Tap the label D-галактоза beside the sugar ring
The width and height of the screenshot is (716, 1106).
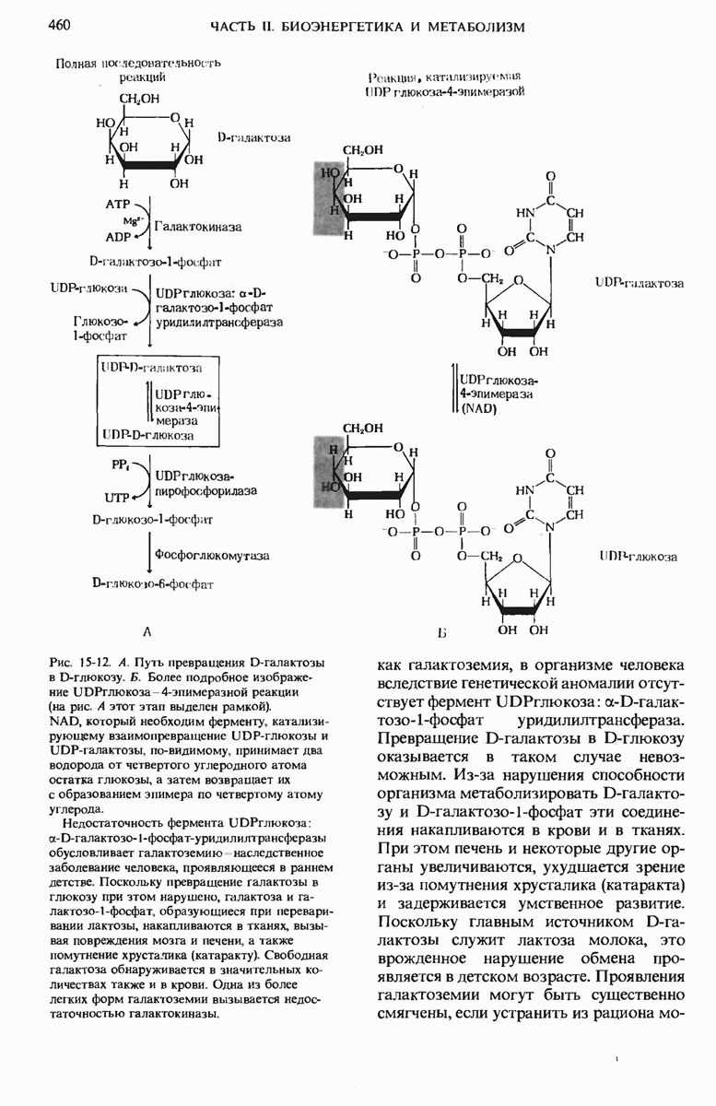coord(253,137)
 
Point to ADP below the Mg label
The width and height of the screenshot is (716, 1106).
coord(118,237)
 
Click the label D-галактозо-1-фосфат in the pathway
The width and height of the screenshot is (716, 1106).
coord(155,261)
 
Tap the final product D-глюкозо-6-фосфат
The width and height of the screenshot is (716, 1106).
coord(153,583)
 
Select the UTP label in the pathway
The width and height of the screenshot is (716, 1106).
coord(118,498)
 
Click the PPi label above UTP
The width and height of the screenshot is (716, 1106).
coord(117,466)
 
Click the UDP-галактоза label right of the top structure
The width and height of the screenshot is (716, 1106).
coord(640,284)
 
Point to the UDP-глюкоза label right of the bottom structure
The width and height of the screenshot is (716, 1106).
coord(638,557)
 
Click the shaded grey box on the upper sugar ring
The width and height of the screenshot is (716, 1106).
coord(329,194)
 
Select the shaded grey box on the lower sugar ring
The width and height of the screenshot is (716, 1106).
coord(329,471)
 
